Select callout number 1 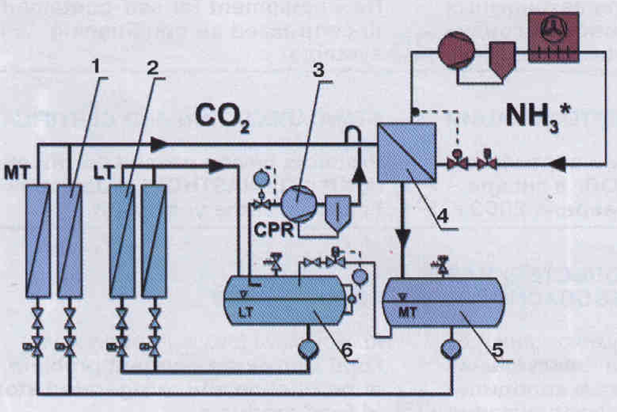(96, 67)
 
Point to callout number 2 (152, 68)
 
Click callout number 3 (318, 70)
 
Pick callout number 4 (443, 216)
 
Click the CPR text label (274, 229)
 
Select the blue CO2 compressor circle (299, 202)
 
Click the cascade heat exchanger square (406, 152)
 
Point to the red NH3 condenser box (554, 36)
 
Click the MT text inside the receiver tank (408, 312)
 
